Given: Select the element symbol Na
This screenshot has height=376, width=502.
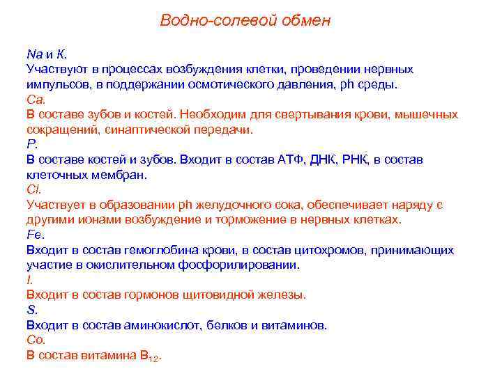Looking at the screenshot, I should tap(34, 54).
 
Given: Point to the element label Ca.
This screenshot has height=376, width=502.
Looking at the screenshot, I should tap(35, 99).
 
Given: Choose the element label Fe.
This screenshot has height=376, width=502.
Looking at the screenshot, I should tap(35, 235).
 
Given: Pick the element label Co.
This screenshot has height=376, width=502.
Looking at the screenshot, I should tap(36, 340).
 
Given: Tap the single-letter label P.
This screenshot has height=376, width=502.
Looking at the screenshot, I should tap(31, 144).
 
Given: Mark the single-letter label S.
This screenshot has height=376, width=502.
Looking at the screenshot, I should tap(31, 310).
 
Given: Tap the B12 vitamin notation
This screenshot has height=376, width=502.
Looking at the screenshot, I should tap(151, 356).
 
